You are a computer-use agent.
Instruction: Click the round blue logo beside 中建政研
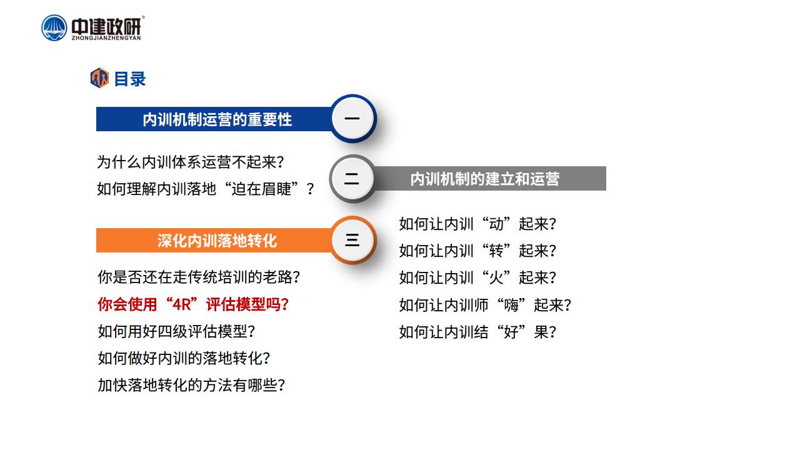(54, 28)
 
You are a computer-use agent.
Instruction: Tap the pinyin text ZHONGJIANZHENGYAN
(106, 38)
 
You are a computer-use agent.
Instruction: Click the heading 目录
(129, 79)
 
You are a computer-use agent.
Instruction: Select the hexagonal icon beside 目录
(99, 78)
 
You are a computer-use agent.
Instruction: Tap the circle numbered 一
(352, 118)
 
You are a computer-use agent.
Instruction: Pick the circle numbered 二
(352, 179)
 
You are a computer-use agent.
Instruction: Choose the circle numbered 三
(352, 240)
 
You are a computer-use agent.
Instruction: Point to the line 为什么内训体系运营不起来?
(191, 162)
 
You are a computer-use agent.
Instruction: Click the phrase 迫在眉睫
(261, 189)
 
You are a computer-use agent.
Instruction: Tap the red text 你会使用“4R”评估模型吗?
(193, 304)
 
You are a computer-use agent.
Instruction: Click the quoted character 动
(496, 224)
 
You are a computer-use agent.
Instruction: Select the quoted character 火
(496, 277)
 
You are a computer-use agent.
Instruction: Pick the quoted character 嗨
(511, 305)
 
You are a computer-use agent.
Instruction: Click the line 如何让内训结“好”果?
(478, 332)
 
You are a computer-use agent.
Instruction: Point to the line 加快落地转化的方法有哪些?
(191, 385)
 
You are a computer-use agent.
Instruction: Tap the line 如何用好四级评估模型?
(176, 331)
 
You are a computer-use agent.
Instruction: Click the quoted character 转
(496, 251)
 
